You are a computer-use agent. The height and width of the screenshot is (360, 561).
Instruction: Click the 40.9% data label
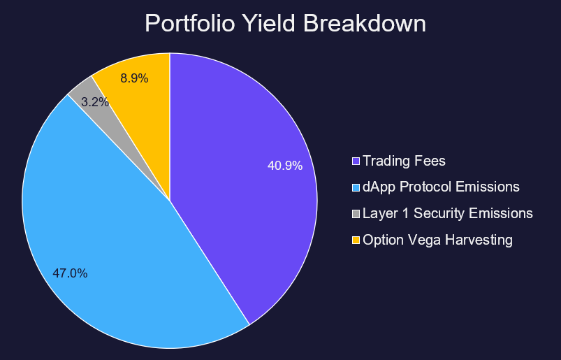click(x=285, y=166)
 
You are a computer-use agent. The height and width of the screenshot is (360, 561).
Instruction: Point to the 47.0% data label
click(x=70, y=273)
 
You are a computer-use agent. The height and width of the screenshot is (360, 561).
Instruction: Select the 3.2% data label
click(x=95, y=101)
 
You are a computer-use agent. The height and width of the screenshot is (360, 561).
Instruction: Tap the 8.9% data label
click(x=134, y=78)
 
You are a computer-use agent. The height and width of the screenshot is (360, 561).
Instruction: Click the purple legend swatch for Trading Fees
click(x=356, y=161)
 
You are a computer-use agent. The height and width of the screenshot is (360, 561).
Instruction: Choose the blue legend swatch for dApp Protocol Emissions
click(x=356, y=187)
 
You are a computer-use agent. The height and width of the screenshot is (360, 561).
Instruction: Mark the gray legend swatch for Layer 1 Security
click(x=356, y=214)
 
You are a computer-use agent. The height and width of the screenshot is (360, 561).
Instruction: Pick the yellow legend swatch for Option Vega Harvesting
click(x=356, y=240)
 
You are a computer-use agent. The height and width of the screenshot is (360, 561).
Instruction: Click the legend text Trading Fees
click(x=404, y=161)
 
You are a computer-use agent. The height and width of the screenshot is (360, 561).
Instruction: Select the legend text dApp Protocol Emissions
click(x=441, y=187)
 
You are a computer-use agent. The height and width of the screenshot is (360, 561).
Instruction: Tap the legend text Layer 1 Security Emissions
click(x=447, y=214)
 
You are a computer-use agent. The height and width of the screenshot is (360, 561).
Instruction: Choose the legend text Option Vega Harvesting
click(x=437, y=240)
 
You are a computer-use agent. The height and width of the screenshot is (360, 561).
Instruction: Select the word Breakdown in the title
click(x=364, y=24)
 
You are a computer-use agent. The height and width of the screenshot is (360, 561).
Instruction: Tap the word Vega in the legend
click(x=422, y=240)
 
